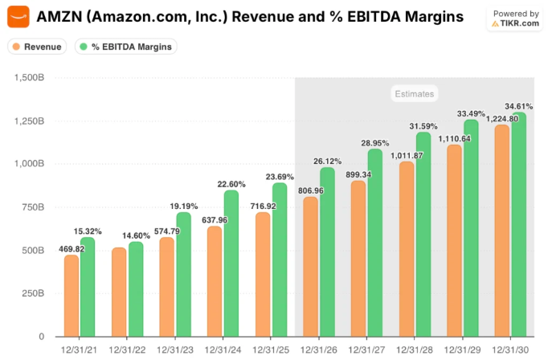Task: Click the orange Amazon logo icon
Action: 18,16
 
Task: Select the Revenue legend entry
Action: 37,47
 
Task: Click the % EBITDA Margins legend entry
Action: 126,47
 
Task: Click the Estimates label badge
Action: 414,93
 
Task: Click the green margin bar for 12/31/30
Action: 518,224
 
